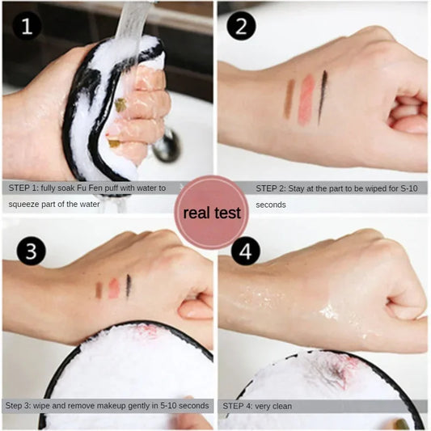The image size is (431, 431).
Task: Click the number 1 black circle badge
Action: tap(27, 27)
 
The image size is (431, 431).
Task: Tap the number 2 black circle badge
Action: tap(241, 27)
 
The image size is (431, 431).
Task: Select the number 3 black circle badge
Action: tap(31, 251)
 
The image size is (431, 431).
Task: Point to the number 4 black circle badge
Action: tap(245, 251)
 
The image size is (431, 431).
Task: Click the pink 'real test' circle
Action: tap(212, 213)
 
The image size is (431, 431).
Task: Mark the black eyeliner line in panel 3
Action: tap(129, 285)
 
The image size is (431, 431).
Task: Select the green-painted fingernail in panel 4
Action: tap(401, 423)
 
